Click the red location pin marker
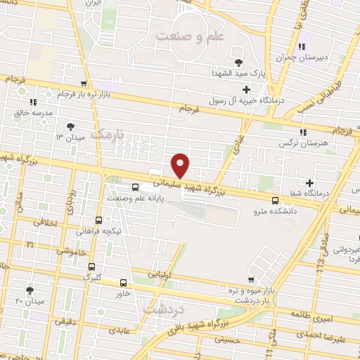(181, 165)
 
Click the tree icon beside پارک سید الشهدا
(238, 62)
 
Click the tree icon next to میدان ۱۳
(70, 127)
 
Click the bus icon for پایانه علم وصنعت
(135, 187)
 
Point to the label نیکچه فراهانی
(101, 230)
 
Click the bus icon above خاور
(123, 281)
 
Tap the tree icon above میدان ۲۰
(30, 290)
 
